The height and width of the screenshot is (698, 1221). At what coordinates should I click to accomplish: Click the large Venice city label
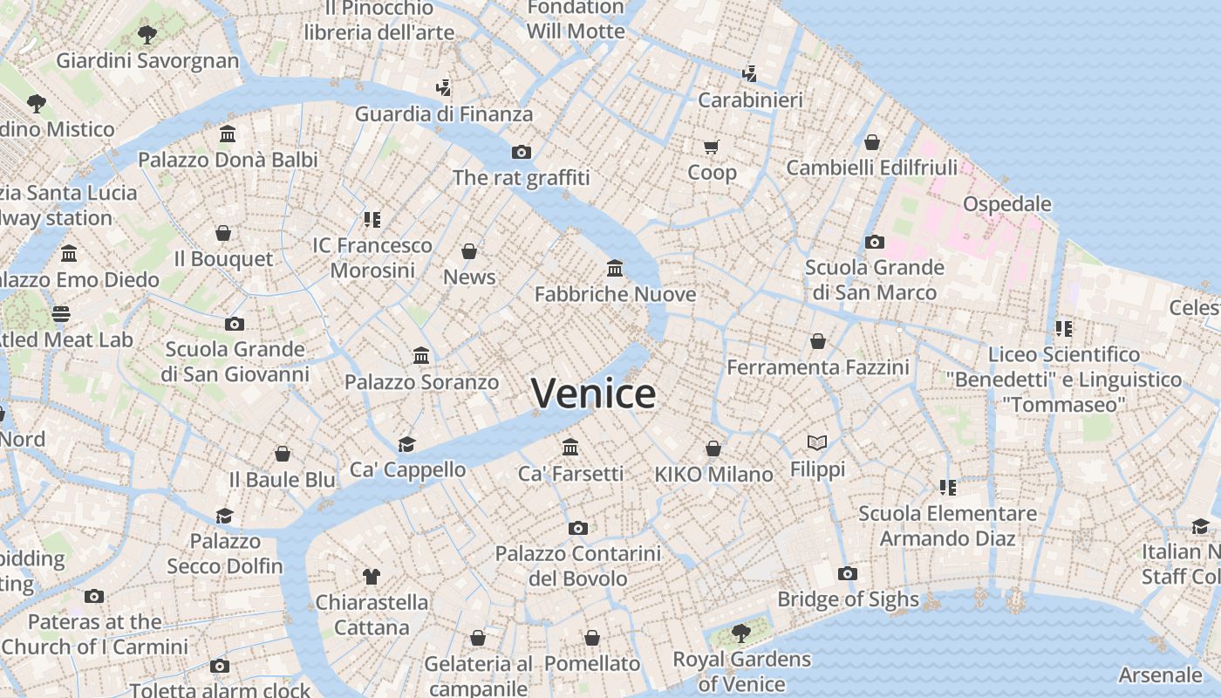pos(593,393)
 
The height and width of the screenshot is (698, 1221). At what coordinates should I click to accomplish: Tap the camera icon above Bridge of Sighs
pos(847,573)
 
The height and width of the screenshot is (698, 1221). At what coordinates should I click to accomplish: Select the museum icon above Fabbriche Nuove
pos(615,268)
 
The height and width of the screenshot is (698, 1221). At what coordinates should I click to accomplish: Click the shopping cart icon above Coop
pos(711,147)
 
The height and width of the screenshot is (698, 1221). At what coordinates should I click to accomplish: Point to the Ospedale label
pos(1006,204)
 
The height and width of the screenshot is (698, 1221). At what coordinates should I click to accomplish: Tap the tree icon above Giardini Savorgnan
pos(147,35)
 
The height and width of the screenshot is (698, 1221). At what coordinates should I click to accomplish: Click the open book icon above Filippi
pos(817,443)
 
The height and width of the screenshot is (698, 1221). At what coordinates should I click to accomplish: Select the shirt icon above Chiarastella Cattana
pos(372,576)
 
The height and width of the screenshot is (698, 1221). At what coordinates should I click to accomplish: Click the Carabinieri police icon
pos(749,73)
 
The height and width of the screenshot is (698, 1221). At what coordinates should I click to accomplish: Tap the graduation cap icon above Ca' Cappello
pos(406,444)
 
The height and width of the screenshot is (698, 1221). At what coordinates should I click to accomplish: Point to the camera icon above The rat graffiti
pos(521,152)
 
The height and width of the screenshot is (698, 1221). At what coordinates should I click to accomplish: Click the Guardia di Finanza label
pos(443,114)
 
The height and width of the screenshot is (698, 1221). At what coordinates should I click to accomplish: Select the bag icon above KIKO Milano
pos(713,448)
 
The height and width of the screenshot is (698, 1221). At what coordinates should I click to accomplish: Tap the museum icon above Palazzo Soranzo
pos(421,355)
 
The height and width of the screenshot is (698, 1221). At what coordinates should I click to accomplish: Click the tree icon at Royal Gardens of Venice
pos(740,633)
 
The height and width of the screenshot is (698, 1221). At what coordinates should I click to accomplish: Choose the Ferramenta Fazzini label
pos(817,367)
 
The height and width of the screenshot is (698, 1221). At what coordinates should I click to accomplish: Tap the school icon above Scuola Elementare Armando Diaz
pos(947,487)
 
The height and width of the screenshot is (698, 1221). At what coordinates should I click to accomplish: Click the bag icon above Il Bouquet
pos(223,233)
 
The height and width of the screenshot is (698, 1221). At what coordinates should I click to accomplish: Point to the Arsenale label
pos(1159,675)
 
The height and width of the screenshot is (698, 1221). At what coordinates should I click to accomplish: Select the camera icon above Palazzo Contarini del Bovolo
pos(577,528)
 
